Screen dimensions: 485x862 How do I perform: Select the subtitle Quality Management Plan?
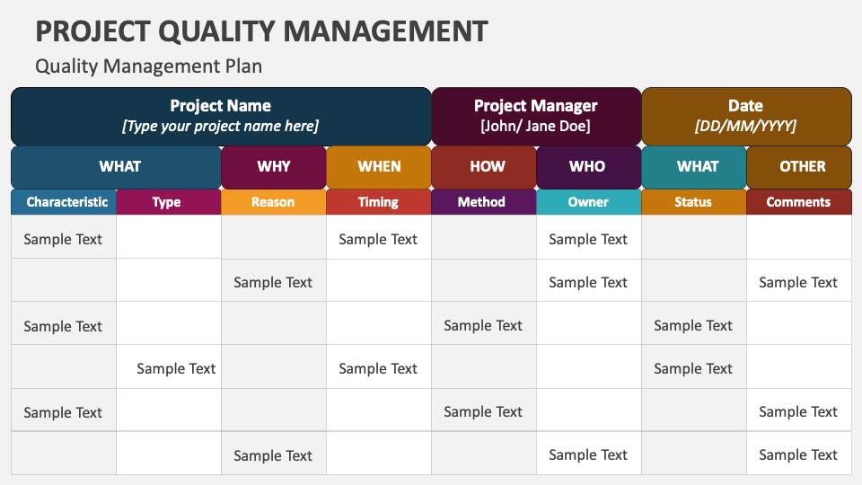click(x=148, y=66)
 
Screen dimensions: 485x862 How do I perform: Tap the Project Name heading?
click(x=220, y=106)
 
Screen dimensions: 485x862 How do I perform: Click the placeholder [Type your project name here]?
click(x=220, y=127)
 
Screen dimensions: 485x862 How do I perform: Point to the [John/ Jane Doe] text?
click(x=535, y=127)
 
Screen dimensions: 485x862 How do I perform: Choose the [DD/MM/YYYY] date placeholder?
click(x=745, y=127)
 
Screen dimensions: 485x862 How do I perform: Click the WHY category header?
click(x=273, y=166)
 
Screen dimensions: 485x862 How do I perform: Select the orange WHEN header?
click(x=379, y=166)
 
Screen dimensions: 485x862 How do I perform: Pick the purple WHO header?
click(x=587, y=166)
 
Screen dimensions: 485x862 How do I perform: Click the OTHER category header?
click(x=802, y=166)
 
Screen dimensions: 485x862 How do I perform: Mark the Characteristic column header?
click(x=66, y=202)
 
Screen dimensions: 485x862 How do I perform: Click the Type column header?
click(x=167, y=202)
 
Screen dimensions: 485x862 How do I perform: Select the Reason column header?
click(x=273, y=202)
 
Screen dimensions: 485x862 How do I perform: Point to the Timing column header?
click(x=378, y=202)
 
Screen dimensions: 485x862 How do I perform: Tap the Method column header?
click(x=481, y=202)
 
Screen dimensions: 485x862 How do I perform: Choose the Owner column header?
click(x=588, y=202)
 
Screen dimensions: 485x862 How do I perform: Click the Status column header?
click(x=693, y=202)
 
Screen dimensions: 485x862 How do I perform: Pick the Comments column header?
click(x=798, y=202)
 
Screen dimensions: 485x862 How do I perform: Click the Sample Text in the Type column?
click(x=176, y=368)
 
